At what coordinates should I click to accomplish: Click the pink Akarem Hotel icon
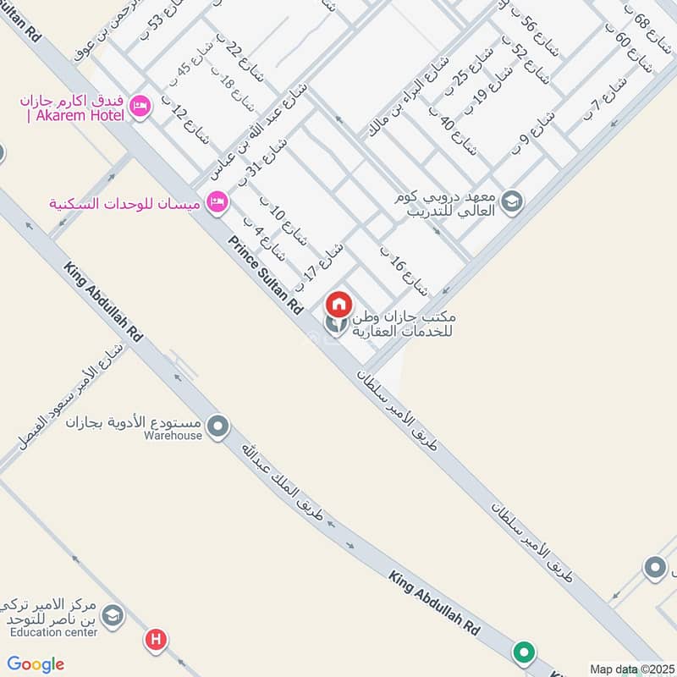[x=140, y=106]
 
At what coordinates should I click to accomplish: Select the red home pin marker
[x=339, y=304]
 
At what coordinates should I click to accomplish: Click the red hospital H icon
[x=156, y=640]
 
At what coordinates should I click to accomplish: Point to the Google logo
[x=36, y=664]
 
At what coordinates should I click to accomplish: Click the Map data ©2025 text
[x=631, y=669]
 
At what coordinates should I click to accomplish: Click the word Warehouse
[x=173, y=435]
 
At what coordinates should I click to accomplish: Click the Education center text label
[x=54, y=630]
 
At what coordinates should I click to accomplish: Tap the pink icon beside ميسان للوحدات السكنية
[x=217, y=203]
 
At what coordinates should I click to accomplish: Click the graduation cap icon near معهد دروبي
[x=511, y=201]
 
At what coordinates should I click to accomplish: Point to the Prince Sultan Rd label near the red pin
[x=265, y=274]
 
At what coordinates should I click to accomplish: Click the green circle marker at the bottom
[x=525, y=652]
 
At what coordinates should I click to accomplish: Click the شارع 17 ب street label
[x=323, y=263]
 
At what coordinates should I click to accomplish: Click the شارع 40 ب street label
[x=454, y=132]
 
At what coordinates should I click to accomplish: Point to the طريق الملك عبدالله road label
[x=279, y=478]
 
